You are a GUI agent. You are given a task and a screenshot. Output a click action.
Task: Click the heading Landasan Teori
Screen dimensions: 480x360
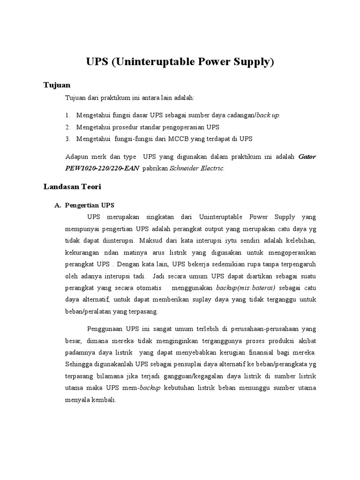[x=72, y=186]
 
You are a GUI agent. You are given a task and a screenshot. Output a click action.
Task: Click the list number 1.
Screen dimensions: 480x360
[x=67, y=115]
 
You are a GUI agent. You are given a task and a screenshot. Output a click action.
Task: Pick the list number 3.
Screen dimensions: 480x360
[x=67, y=139]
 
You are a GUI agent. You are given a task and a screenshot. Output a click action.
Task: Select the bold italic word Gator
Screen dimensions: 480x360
[x=307, y=157]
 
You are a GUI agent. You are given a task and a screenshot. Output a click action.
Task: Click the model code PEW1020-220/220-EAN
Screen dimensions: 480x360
[x=102, y=168]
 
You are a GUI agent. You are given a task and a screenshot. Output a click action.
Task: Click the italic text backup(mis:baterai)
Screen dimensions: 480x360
[x=245, y=287]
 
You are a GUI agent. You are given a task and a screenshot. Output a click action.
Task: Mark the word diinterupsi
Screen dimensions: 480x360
[x=112, y=240]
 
